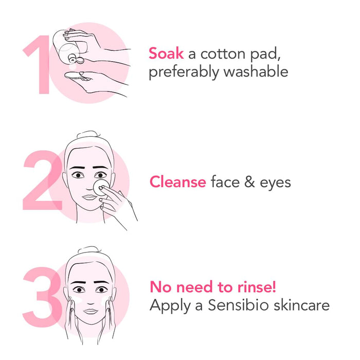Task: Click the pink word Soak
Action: [166, 53]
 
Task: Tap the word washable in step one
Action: [256, 71]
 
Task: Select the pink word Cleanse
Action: [178, 182]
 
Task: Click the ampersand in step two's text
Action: [249, 182]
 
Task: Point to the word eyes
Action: [275, 184]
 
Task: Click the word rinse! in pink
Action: [257, 287]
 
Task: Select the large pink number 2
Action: [43, 180]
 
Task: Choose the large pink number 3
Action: [42, 297]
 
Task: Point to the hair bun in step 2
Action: [88, 134]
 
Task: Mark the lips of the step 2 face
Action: [89, 197]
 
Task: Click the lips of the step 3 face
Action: [91, 311]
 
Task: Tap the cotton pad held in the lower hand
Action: [73, 75]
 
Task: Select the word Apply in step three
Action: [170, 307]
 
